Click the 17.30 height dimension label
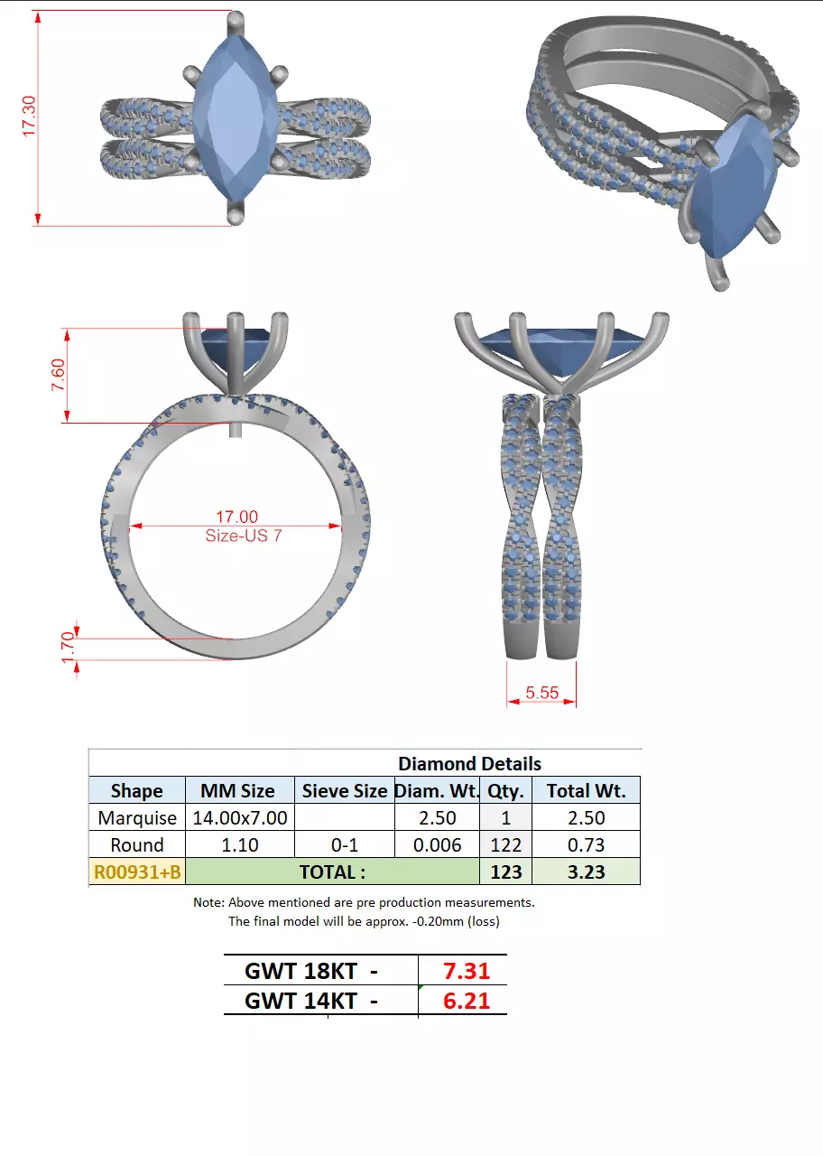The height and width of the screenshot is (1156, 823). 29,117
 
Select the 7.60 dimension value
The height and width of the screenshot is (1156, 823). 58,374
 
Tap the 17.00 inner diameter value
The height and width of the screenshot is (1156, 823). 236,517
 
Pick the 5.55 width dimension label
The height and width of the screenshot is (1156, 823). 542,693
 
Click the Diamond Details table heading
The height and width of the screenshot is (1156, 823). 469,764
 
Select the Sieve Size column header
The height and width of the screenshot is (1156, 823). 344,791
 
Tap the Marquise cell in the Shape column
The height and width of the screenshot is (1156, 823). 137,818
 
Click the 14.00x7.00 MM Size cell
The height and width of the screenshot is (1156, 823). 240,818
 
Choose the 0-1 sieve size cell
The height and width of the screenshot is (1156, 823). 344,845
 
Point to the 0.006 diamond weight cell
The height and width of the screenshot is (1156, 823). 437,845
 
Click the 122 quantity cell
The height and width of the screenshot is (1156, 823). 506,845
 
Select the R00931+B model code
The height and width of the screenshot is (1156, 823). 137,872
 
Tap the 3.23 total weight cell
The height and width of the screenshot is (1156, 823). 586,872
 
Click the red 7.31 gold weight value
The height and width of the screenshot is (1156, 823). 466,972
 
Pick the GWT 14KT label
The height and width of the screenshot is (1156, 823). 310,1001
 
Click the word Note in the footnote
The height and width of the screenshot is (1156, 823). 208,902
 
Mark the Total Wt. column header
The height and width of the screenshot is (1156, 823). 586,791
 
